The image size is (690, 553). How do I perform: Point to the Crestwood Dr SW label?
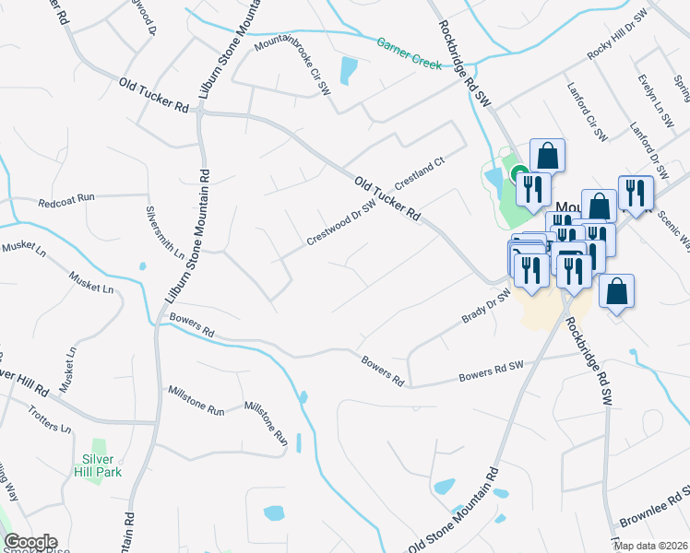tap(341, 223)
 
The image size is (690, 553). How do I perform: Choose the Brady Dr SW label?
tap(486, 307)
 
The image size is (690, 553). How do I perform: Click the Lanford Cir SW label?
tap(585, 121)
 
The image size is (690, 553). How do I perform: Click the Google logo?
tap(30, 542)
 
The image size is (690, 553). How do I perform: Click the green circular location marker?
tap(519, 173)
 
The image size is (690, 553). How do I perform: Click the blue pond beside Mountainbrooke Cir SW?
tap(348, 70)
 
